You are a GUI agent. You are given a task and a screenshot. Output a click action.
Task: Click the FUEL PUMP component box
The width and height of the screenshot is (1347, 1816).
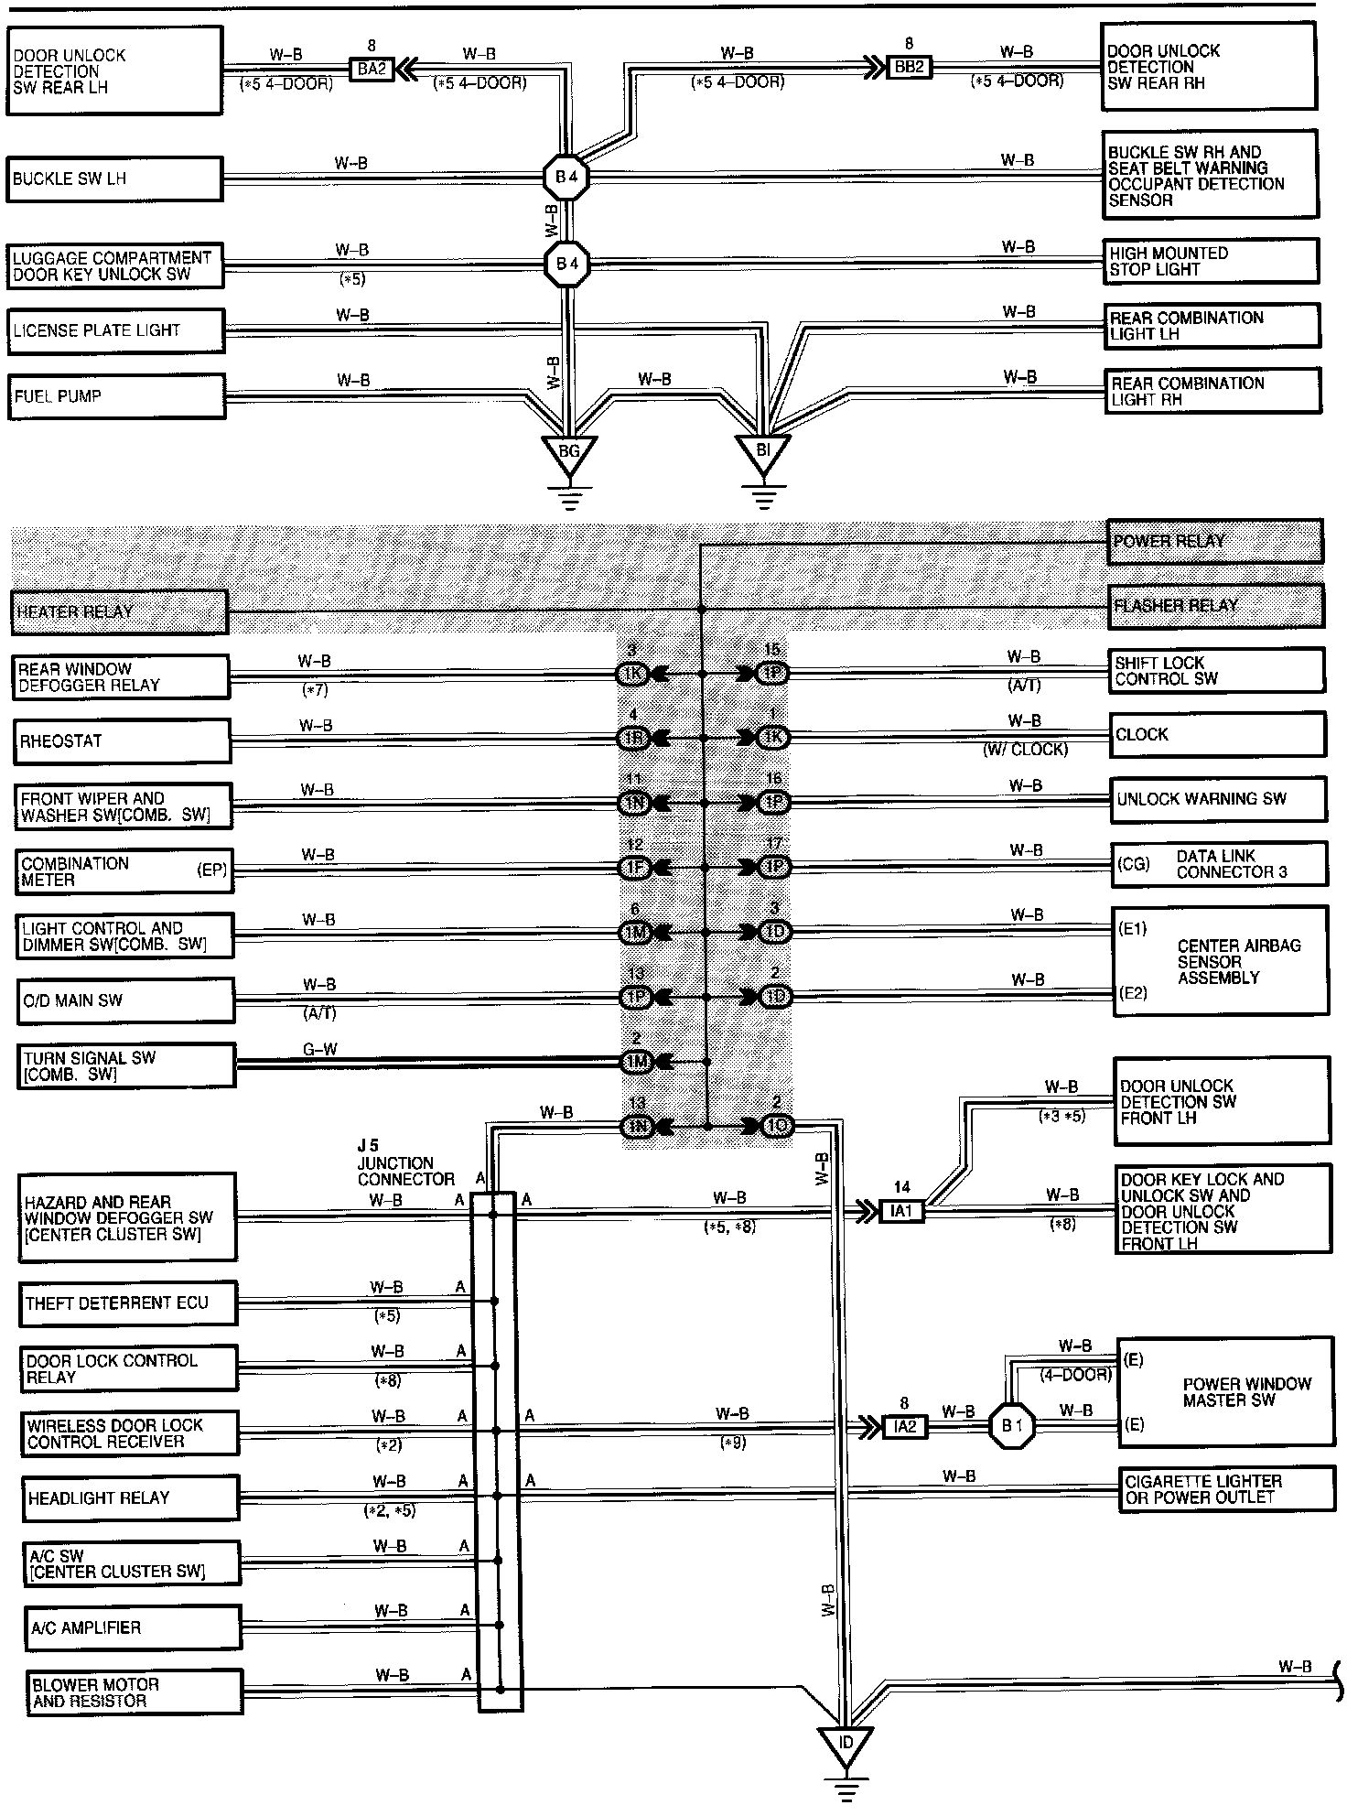point(116,396)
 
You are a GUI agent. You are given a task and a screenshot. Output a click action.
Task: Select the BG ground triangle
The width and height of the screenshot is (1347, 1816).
point(568,452)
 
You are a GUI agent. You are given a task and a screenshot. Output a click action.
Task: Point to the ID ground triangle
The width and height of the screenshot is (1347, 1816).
point(846,1745)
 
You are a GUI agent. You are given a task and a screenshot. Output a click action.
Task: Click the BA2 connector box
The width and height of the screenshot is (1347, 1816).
point(372,69)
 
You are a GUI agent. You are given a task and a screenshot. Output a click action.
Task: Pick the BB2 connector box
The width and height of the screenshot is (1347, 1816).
point(909,68)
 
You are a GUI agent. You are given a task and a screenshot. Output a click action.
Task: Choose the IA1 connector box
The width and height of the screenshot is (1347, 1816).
point(902,1212)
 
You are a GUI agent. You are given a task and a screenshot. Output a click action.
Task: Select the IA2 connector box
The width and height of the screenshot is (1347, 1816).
point(904,1427)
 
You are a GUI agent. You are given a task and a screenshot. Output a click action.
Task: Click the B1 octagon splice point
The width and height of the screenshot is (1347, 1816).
point(1011,1426)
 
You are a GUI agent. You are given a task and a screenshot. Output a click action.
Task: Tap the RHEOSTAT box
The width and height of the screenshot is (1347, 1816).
point(122,740)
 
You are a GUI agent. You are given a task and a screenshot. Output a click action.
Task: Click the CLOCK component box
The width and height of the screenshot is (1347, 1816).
point(1216,735)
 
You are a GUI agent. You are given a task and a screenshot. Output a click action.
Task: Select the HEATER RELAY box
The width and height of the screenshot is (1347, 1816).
point(120,611)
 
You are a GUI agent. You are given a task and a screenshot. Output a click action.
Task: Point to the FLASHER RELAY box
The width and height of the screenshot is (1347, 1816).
point(1215,606)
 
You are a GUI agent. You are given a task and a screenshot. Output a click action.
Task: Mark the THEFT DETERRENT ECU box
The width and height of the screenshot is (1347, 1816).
point(127,1303)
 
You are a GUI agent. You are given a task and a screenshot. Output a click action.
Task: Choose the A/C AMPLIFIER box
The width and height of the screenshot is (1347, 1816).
point(135,1627)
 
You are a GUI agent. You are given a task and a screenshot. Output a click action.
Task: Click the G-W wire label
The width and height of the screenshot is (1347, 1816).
point(320,1049)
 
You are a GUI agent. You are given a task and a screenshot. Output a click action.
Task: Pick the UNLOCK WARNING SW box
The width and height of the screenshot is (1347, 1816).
point(1217,799)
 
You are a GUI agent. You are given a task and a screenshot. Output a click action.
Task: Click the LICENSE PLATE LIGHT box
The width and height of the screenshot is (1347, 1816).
point(116,330)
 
